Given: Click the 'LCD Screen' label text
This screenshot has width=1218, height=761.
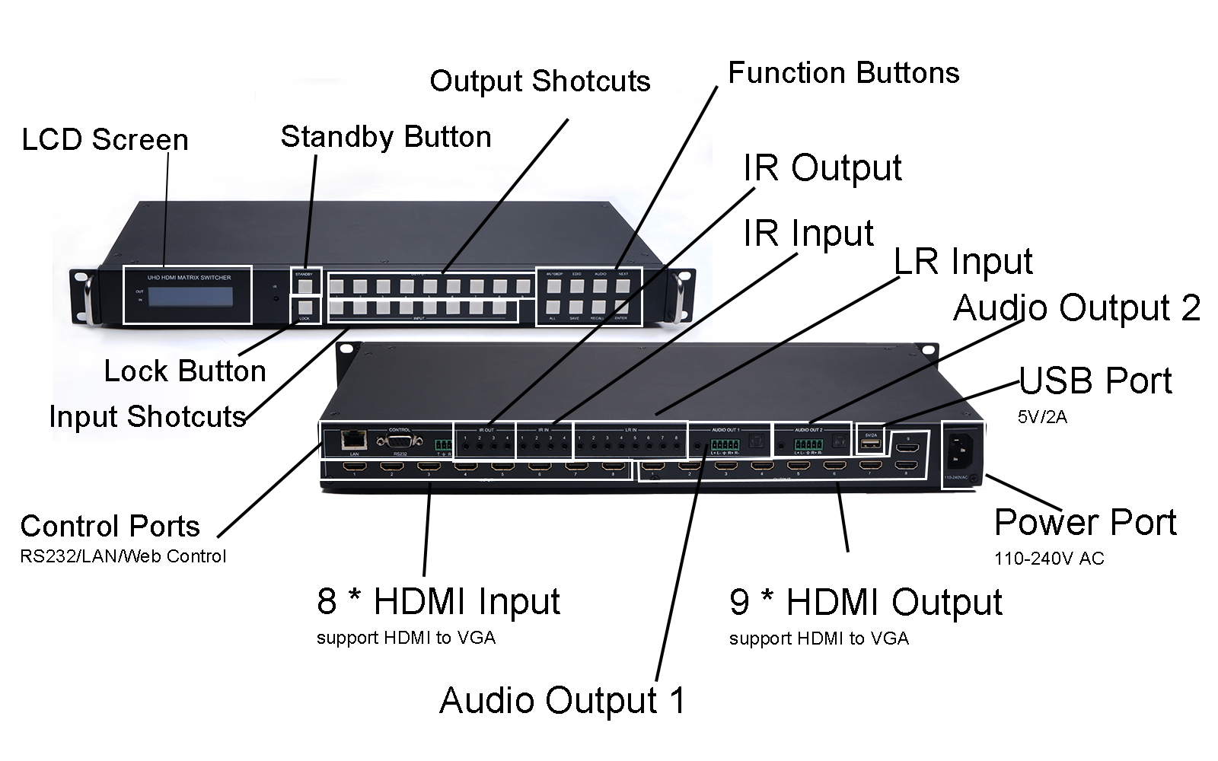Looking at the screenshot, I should pos(105,140).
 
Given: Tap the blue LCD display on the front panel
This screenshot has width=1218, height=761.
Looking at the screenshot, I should pos(199,297).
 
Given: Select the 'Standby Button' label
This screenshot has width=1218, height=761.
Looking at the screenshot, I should pos(386,137).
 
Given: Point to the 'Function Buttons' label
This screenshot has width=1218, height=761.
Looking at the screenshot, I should pos(843,73).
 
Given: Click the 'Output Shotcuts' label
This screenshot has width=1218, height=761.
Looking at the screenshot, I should pos(540,81).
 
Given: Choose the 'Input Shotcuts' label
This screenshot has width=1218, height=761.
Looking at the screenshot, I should pos(148,417).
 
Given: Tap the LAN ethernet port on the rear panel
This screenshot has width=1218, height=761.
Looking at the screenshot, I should pos(354,440).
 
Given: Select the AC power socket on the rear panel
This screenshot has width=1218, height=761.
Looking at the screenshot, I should pos(961,455).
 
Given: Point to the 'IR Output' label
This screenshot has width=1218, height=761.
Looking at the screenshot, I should pos(822,168).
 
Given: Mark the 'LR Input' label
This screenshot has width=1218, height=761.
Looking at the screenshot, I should pos(963,262).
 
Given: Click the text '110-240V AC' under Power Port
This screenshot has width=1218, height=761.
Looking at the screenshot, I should pos(1049,559).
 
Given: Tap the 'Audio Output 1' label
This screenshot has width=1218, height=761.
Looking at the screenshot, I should pos(562,701).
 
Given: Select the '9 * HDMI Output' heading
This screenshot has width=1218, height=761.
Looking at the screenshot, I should pos(866,602).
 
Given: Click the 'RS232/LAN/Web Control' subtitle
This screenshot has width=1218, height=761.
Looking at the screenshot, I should pos(123,556).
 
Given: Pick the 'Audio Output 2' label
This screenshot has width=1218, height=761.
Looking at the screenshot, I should pos(1076,308).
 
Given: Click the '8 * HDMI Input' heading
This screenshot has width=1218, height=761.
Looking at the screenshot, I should pos(438,601).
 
